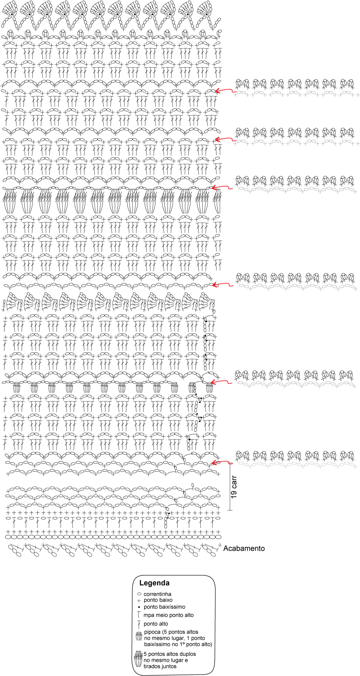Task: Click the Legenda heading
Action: pos(154,583)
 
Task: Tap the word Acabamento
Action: pos(244,548)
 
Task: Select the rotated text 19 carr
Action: pos(234,487)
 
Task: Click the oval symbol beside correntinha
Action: pos(139,594)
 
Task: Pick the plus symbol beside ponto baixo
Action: pos(139,600)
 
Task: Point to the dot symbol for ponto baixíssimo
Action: pos(139,607)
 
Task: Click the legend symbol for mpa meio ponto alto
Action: pos(139,615)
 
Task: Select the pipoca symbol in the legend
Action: pos(139,636)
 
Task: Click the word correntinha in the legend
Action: pos(157,594)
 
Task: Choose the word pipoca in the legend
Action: pos(152,632)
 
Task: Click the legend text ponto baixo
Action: pos(158,600)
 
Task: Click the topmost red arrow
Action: pos(225,91)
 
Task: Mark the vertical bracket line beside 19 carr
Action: pos(230,487)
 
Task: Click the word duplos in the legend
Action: pos(187,654)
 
